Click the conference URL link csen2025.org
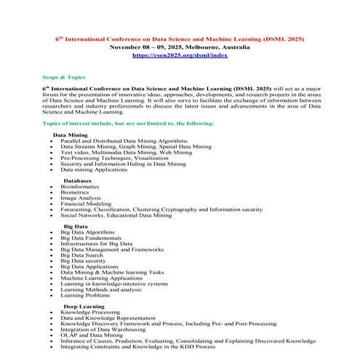tap(180, 55)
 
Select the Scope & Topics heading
tap(63, 76)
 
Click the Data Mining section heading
tap(71, 135)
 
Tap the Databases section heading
tap(77, 180)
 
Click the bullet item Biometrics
tap(76, 192)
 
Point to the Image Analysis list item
tap(81, 198)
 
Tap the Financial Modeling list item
tap(86, 204)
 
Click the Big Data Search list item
tap(82, 255)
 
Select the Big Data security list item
tap(84, 260)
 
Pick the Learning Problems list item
tap(85, 295)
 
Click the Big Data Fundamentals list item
tap(92, 237)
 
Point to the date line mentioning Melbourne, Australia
tap(180, 47)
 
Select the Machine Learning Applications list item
tap(102, 278)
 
